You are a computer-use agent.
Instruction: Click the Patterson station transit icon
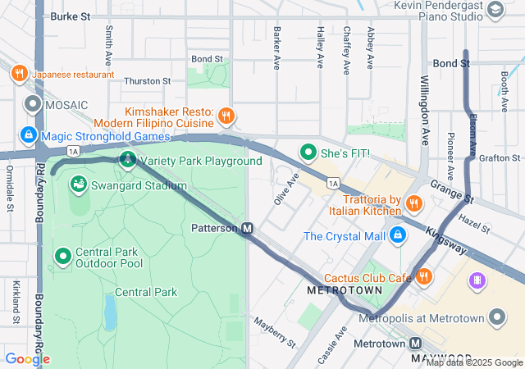pos(248,228)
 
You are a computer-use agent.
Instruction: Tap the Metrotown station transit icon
pos(416,344)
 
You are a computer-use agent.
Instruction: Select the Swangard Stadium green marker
pos(79,184)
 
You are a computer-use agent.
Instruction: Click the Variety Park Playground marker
pos(127,159)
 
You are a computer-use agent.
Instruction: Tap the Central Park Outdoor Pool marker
pos(63,257)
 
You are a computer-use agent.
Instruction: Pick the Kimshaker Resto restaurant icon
pos(226,116)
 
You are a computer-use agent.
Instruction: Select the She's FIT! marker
pos(308,152)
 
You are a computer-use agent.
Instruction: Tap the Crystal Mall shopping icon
pos(398,235)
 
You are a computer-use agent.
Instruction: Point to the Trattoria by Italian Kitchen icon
pos(414,203)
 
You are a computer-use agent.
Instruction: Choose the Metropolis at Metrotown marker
pos(496,317)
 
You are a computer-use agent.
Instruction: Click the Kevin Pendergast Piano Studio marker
pos(495,10)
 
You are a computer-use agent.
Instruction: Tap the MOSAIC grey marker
pos(33,104)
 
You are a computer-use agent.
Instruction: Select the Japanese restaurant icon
pos(19,74)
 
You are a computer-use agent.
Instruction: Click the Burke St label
pos(70,16)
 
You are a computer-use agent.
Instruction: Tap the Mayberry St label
pos(274,330)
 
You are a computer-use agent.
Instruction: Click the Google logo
pos(27,358)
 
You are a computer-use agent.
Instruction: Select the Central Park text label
pos(146,292)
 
